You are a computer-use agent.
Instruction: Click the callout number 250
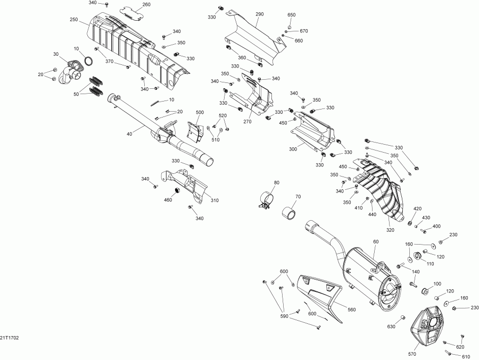73,20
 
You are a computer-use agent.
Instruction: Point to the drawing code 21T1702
9,338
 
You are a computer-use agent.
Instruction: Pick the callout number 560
351,309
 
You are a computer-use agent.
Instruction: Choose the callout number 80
276,183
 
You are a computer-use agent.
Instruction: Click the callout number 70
298,197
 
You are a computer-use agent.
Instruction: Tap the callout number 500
200,112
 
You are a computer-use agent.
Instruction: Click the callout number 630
391,326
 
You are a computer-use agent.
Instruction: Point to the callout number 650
291,15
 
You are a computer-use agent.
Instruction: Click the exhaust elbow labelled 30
70,70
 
